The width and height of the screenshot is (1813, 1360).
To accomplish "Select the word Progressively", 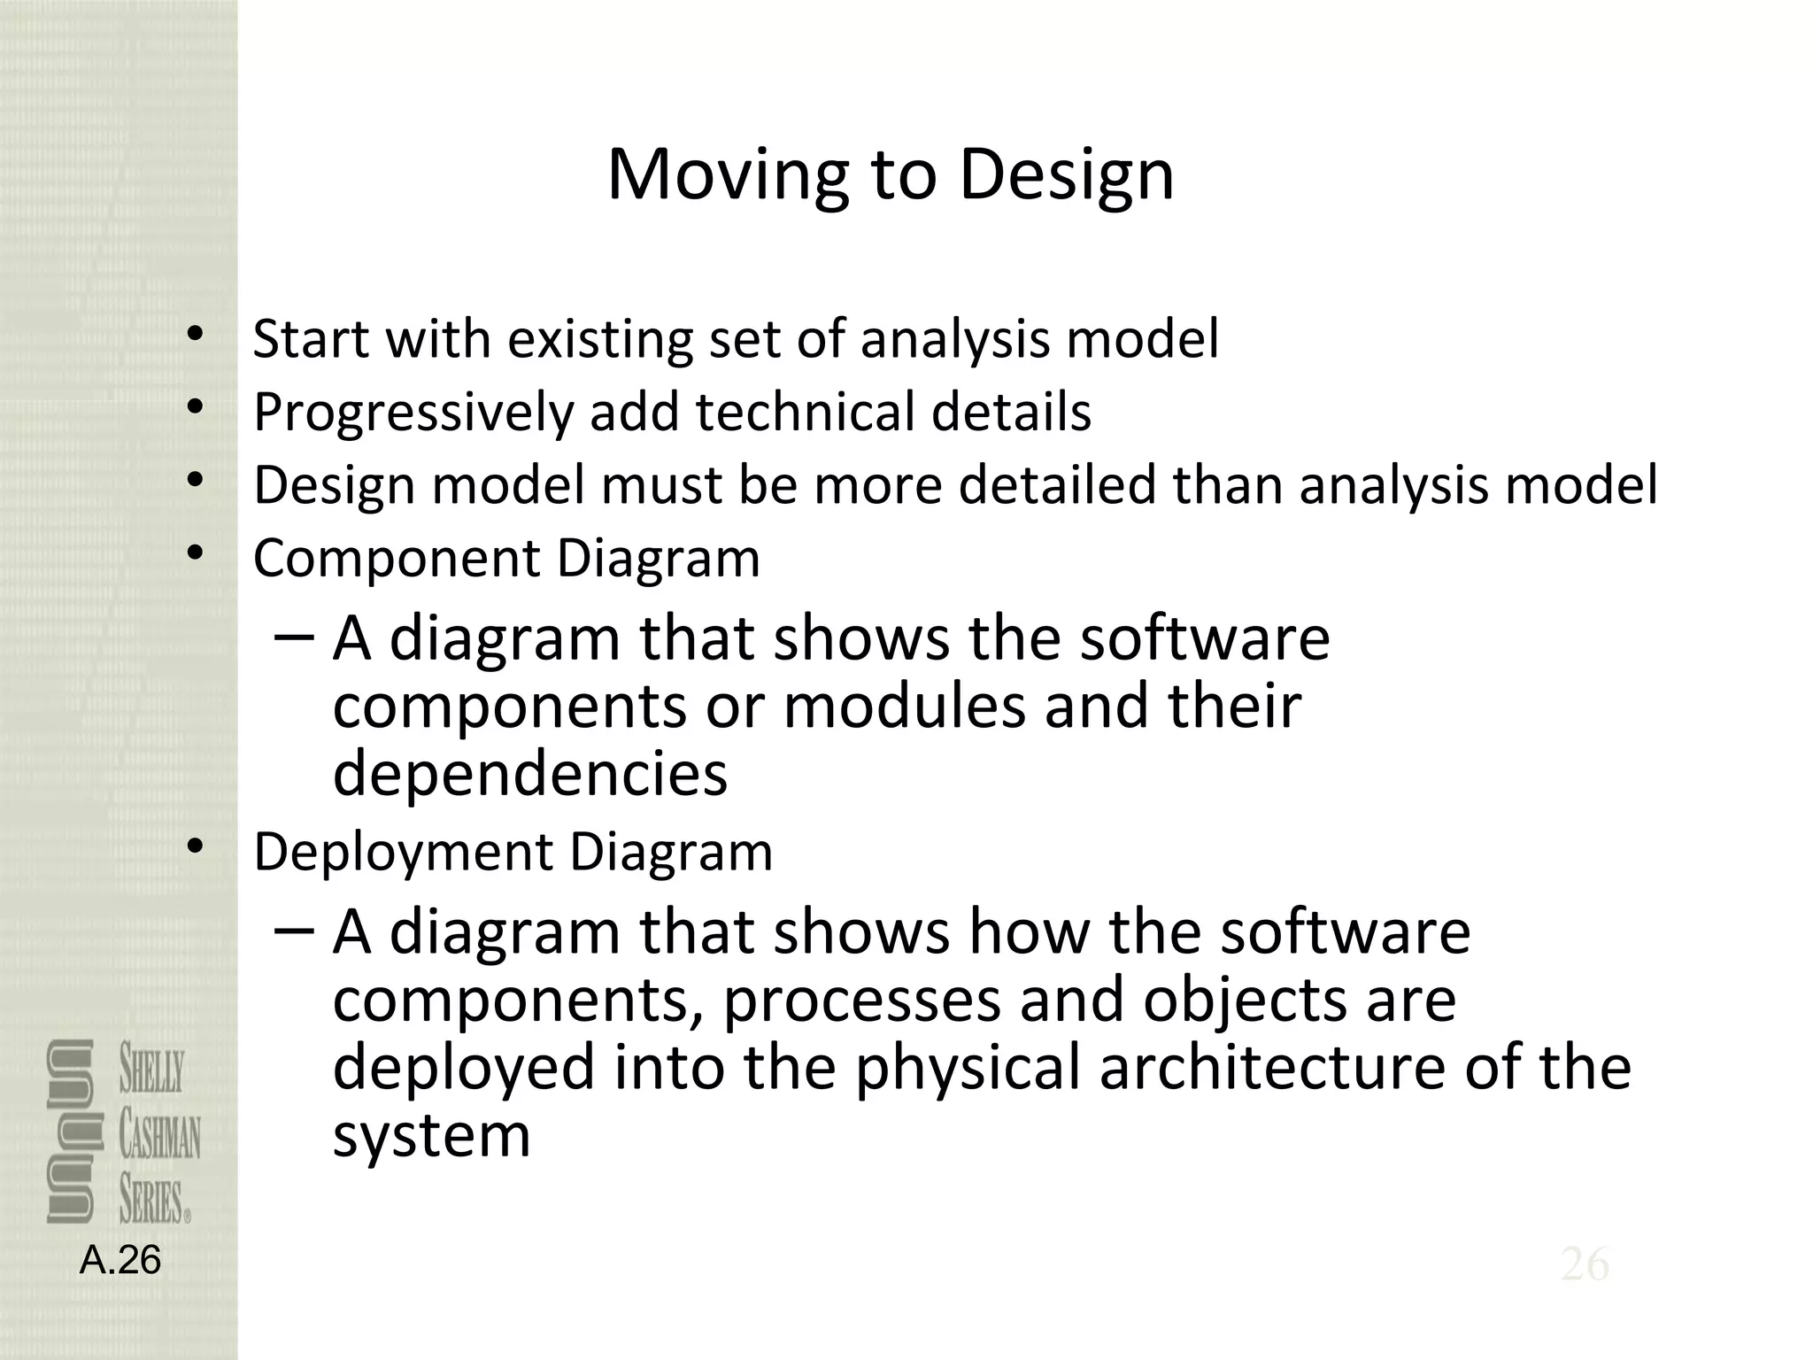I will (413, 413).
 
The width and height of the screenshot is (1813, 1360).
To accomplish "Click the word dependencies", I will (530, 773).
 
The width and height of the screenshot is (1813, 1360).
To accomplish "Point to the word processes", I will (861, 1000).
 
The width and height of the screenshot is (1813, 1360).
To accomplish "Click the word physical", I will (968, 1068).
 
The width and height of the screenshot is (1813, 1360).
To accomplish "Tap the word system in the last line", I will (432, 1137).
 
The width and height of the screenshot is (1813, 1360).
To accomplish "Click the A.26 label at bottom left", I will (120, 1260).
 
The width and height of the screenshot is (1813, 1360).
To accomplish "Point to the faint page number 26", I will (1585, 1264).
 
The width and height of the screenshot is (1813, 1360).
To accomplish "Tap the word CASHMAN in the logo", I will (160, 1137).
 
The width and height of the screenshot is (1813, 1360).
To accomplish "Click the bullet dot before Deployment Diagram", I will (196, 847).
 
